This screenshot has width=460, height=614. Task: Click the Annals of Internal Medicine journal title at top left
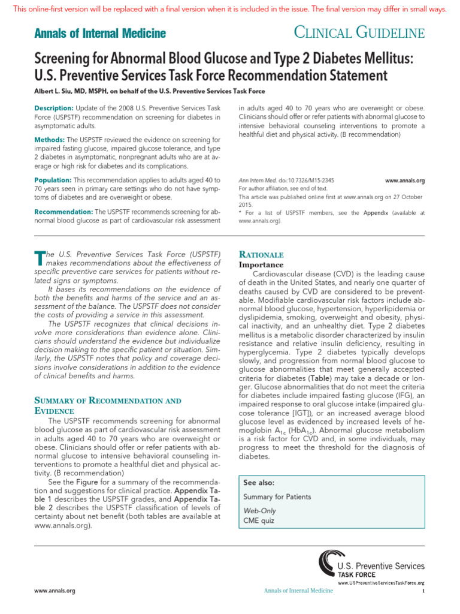pyautogui.click(x=100, y=34)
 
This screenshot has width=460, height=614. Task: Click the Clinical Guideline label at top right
pyautogui.click(x=360, y=33)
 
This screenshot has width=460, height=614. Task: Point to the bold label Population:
pyautogui.click(x=53, y=180)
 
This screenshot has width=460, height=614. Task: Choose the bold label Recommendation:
pyautogui.click(x=63, y=212)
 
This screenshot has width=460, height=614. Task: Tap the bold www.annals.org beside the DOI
pyautogui.click(x=404, y=180)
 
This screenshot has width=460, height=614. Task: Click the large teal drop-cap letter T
pyautogui.click(x=40, y=258)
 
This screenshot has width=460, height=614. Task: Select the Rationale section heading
pyautogui.click(x=261, y=254)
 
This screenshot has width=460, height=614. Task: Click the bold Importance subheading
pyautogui.click(x=261, y=264)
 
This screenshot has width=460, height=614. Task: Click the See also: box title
pyautogui.click(x=259, y=483)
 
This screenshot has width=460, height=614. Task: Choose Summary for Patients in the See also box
pyautogui.click(x=277, y=497)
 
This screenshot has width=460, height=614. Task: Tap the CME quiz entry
pyautogui.click(x=258, y=520)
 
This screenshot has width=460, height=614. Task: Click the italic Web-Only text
pyautogui.click(x=259, y=510)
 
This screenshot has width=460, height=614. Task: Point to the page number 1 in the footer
pyautogui.click(x=423, y=591)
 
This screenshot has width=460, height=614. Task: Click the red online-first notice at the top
pyautogui.click(x=230, y=9)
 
